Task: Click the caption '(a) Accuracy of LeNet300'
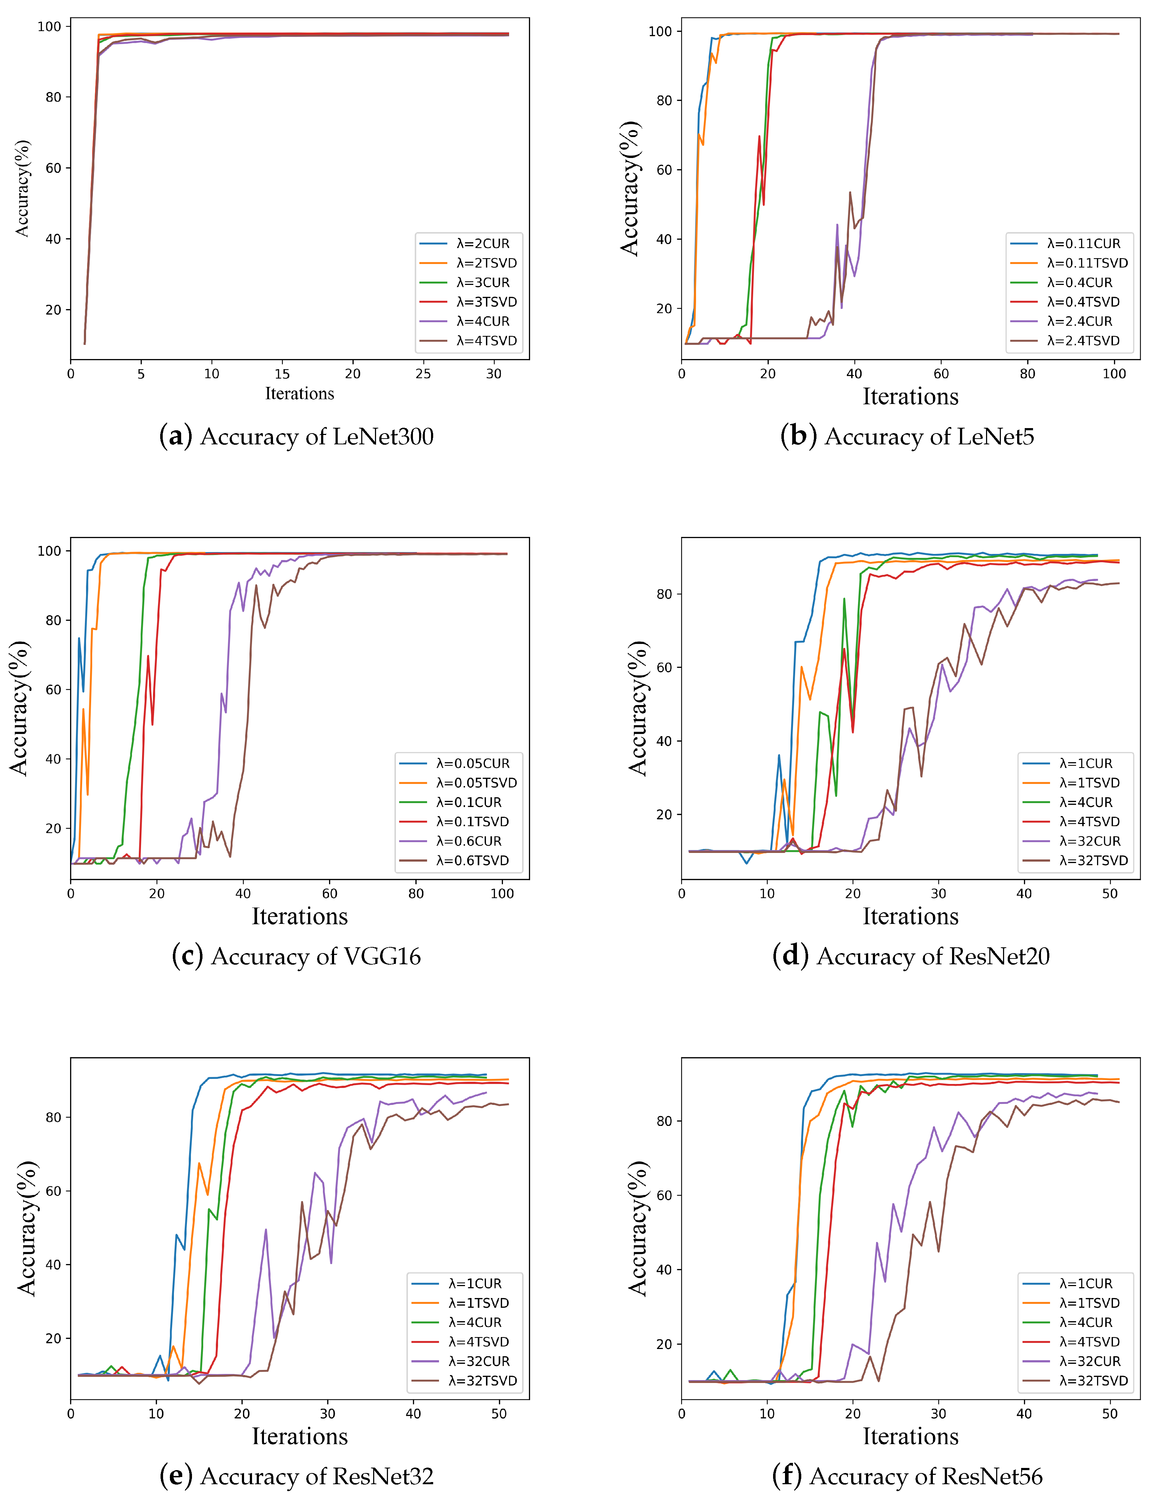(296, 437)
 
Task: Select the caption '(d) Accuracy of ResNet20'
(910, 956)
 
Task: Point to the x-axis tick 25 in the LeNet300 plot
(423, 373)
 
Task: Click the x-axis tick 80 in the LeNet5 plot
(1027, 373)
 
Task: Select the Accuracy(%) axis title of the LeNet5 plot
(630, 188)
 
